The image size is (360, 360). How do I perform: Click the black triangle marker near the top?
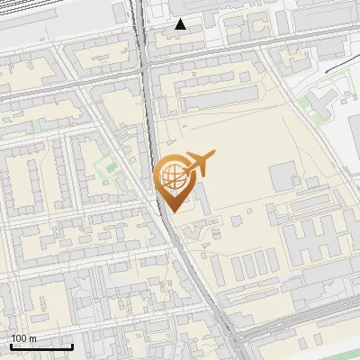(181, 24)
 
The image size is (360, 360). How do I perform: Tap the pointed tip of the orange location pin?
(172, 211)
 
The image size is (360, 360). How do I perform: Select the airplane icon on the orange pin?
(200, 163)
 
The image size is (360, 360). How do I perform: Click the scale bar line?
(41, 346)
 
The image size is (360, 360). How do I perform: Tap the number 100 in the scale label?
(20, 338)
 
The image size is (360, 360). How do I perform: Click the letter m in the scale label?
(33, 338)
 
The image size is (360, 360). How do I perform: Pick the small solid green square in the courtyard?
(110, 166)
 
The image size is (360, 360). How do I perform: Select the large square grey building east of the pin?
(282, 175)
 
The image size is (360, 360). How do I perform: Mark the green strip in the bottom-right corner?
(315, 349)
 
